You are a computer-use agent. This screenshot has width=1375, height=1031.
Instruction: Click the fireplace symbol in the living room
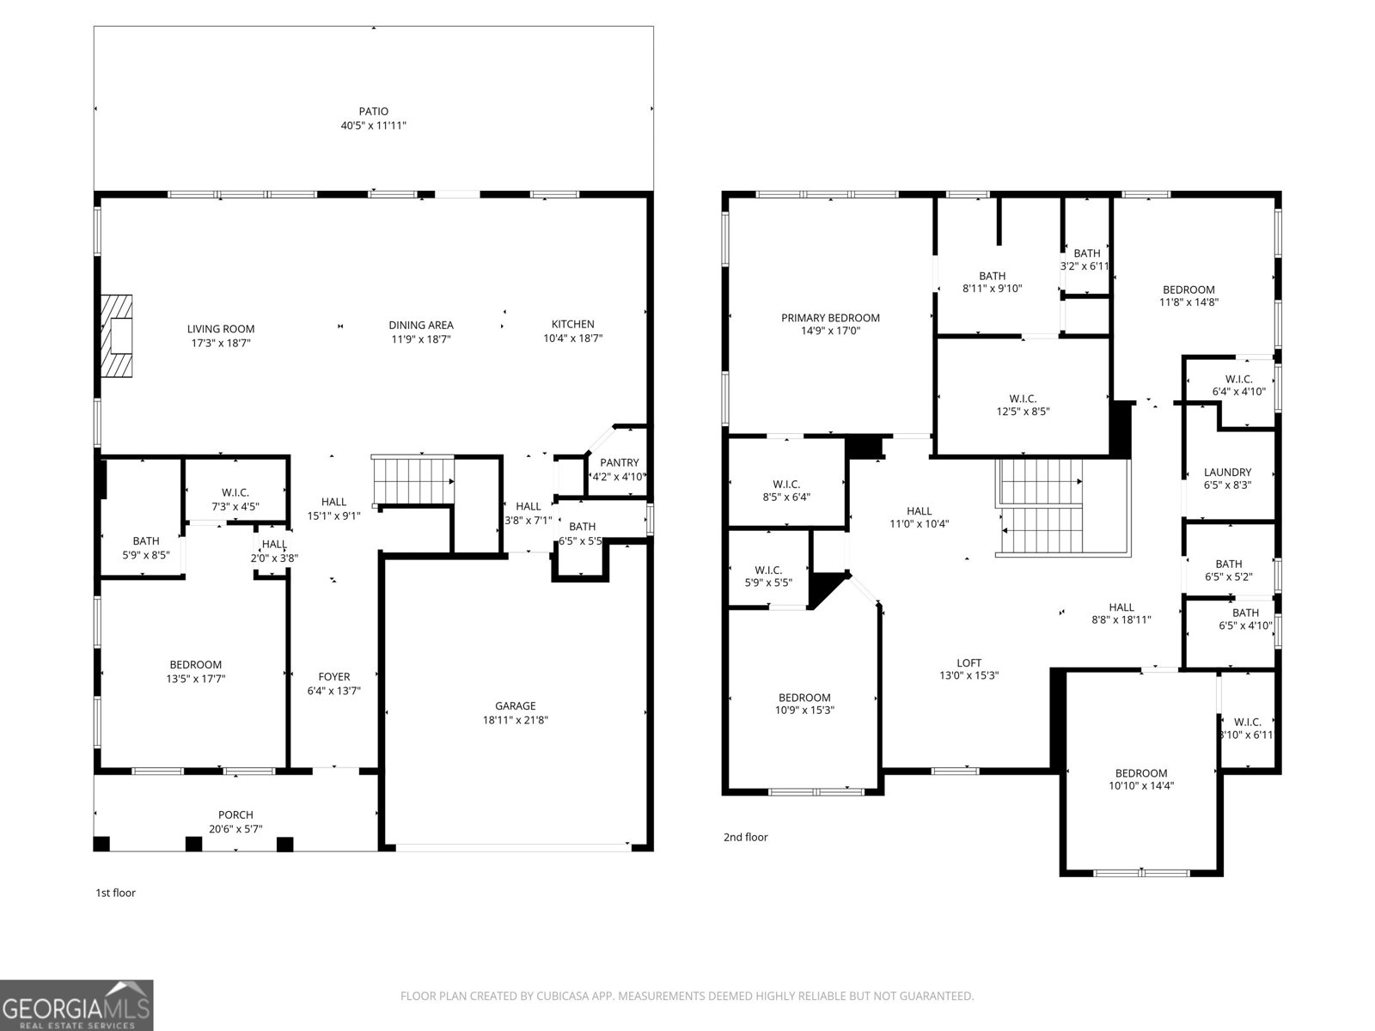[x=117, y=336]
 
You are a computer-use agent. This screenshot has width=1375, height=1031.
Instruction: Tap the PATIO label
[x=373, y=111]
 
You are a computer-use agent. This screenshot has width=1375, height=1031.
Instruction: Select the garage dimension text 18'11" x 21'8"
[x=516, y=720]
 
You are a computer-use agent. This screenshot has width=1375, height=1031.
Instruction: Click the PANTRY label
[x=619, y=462]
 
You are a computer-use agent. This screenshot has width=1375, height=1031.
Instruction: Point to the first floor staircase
[x=412, y=480]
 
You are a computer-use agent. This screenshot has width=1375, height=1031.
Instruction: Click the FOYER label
[x=334, y=676]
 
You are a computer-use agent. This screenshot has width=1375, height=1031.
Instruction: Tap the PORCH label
[x=235, y=814]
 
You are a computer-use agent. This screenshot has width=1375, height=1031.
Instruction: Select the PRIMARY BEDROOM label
[x=830, y=317]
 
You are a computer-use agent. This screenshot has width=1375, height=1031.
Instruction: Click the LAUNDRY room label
[x=1227, y=472]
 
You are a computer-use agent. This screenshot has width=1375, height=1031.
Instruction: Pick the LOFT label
[x=969, y=662]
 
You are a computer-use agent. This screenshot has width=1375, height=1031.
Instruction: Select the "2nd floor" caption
[x=745, y=837]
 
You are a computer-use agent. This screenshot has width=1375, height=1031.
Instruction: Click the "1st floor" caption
[x=115, y=893]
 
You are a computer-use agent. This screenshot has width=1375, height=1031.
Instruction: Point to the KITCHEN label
[x=572, y=324]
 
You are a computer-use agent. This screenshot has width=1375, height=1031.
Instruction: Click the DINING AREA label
[x=421, y=325]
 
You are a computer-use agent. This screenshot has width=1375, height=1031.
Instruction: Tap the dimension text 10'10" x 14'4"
[x=1141, y=785]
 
